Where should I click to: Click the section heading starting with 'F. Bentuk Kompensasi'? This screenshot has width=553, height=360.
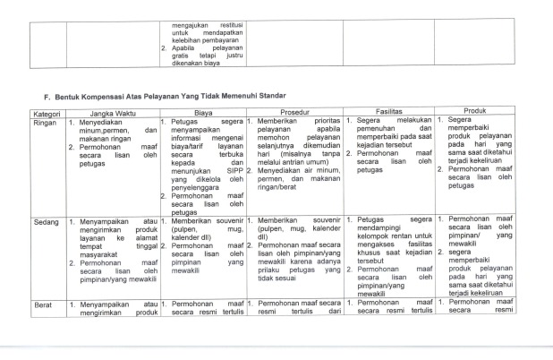point(169,95)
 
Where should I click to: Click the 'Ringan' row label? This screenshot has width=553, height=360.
point(46,121)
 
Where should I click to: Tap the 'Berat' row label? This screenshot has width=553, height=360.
point(44,305)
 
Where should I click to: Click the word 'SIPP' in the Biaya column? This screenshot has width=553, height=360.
point(235,167)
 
